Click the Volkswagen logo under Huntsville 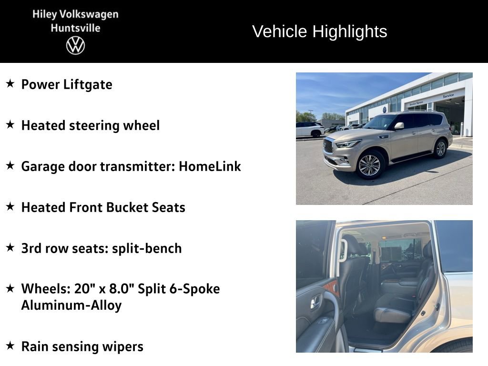point(75,46)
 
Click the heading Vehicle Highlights point(319,31)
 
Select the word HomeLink point(210,167)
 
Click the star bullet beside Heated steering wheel point(10,125)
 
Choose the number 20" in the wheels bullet point(85,289)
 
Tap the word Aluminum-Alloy point(71,305)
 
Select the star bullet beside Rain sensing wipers point(10,346)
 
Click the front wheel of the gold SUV point(369,165)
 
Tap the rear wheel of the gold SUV point(440,148)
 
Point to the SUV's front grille point(328,145)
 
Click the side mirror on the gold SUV point(398,126)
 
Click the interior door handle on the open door point(316,302)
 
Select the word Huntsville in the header point(75,28)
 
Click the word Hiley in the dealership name point(44,14)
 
